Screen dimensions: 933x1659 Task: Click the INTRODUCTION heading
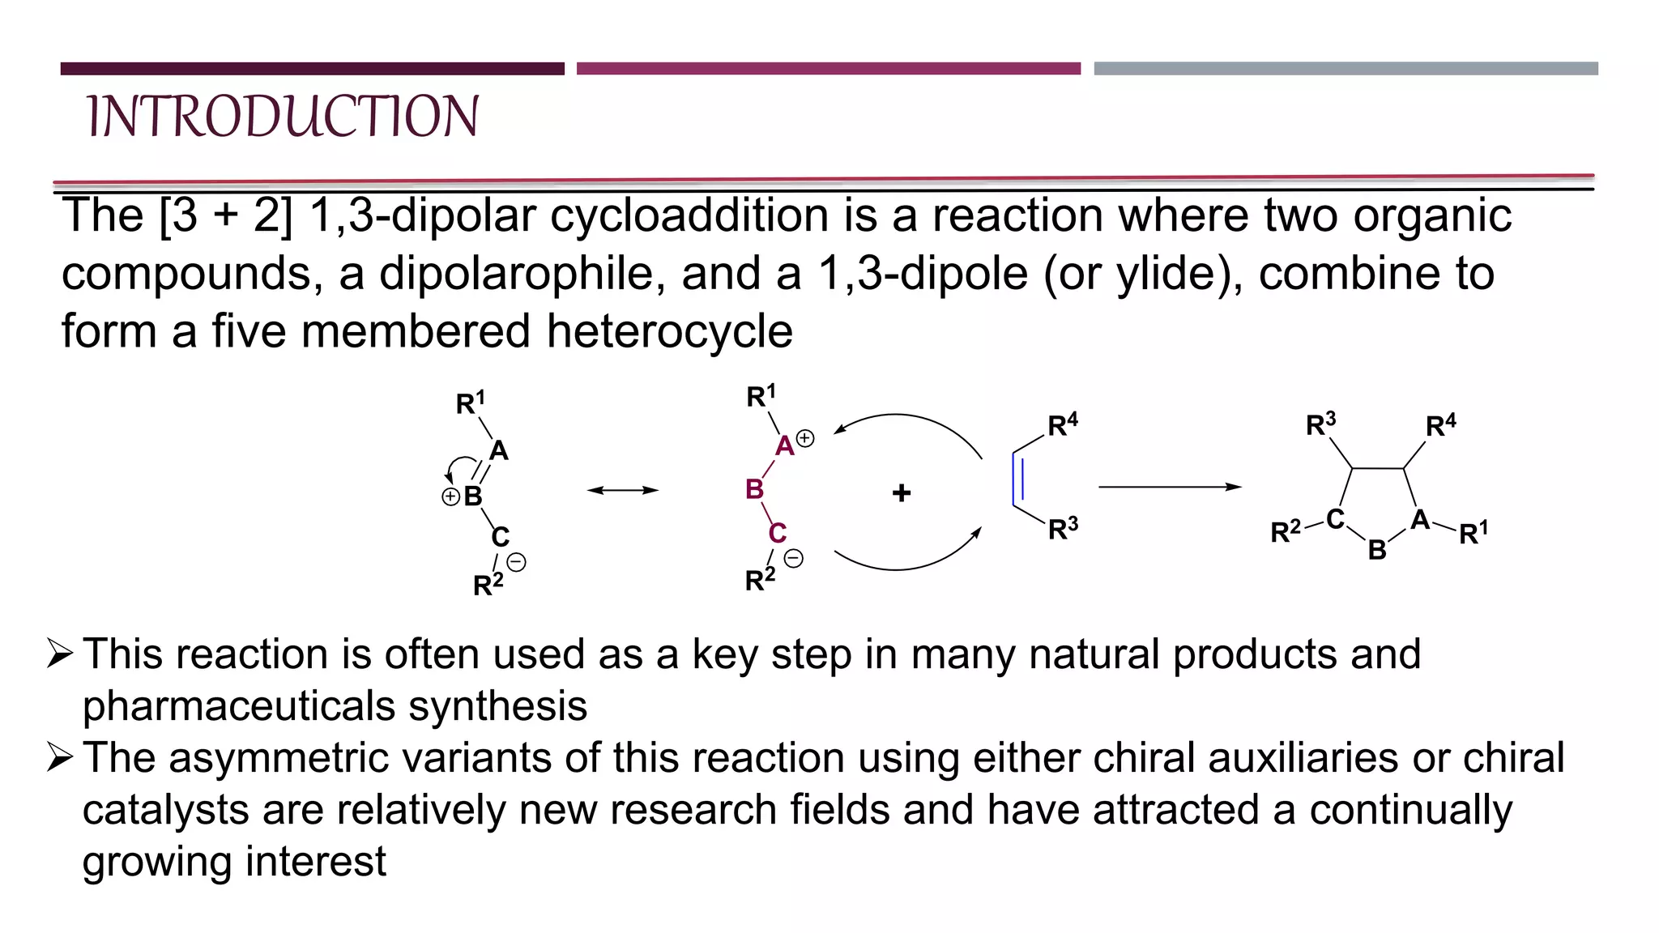click(x=283, y=117)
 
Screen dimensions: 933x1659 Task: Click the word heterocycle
click(x=669, y=332)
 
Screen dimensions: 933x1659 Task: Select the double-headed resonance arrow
click(x=622, y=490)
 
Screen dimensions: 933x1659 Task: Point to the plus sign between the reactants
click(x=902, y=492)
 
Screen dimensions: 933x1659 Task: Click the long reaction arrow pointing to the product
click(x=1169, y=487)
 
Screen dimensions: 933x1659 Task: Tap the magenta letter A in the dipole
click(x=784, y=446)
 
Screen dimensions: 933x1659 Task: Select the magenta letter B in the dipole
click(x=754, y=489)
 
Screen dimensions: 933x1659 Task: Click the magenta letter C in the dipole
click(x=777, y=533)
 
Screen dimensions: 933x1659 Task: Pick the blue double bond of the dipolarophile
click(x=1018, y=479)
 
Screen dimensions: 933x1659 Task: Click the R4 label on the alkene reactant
click(x=1062, y=425)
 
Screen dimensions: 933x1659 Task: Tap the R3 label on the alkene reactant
click(x=1063, y=529)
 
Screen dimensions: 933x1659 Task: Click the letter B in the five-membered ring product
click(x=1377, y=551)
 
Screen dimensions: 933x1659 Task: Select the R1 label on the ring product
click(x=1473, y=534)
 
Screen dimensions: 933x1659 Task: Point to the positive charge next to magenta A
click(x=805, y=438)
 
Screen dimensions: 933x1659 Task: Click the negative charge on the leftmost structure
click(x=516, y=562)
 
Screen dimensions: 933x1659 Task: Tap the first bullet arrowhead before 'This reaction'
click(x=61, y=653)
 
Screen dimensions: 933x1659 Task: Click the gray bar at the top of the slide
click(x=1346, y=69)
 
